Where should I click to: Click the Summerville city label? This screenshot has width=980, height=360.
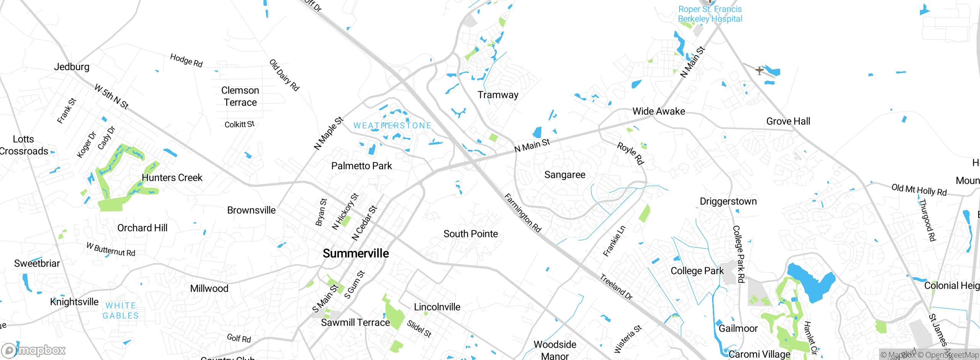pyautogui.click(x=356, y=254)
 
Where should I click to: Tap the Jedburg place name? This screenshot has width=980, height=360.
pyautogui.click(x=72, y=67)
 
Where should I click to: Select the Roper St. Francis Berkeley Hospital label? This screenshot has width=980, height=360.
pyautogui.click(x=710, y=14)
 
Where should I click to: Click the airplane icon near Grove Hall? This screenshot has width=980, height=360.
pyautogui.click(x=759, y=70)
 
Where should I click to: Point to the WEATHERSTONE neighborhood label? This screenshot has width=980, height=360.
pyautogui.click(x=392, y=126)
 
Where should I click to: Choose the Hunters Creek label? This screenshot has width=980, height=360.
pyautogui.click(x=172, y=178)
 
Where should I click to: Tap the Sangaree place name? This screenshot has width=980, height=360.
pyautogui.click(x=565, y=175)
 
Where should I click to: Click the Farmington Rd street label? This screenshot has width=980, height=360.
pyautogui.click(x=523, y=213)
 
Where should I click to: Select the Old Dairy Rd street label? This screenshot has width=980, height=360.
pyautogui.click(x=284, y=75)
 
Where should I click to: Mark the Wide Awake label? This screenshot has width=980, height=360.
pyautogui.click(x=658, y=111)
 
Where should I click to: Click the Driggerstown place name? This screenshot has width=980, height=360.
pyautogui.click(x=728, y=201)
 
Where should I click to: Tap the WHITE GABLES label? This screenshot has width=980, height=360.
pyautogui.click(x=121, y=311)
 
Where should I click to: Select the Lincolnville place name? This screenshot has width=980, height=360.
pyautogui.click(x=437, y=307)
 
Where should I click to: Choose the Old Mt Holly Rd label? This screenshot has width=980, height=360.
pyautogui.click(x=919, y=190)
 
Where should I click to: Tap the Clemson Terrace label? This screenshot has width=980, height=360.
pyautogui.click(x=240, y=97)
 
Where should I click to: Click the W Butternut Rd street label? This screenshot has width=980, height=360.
pyautogui.click(x=111, y=249)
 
